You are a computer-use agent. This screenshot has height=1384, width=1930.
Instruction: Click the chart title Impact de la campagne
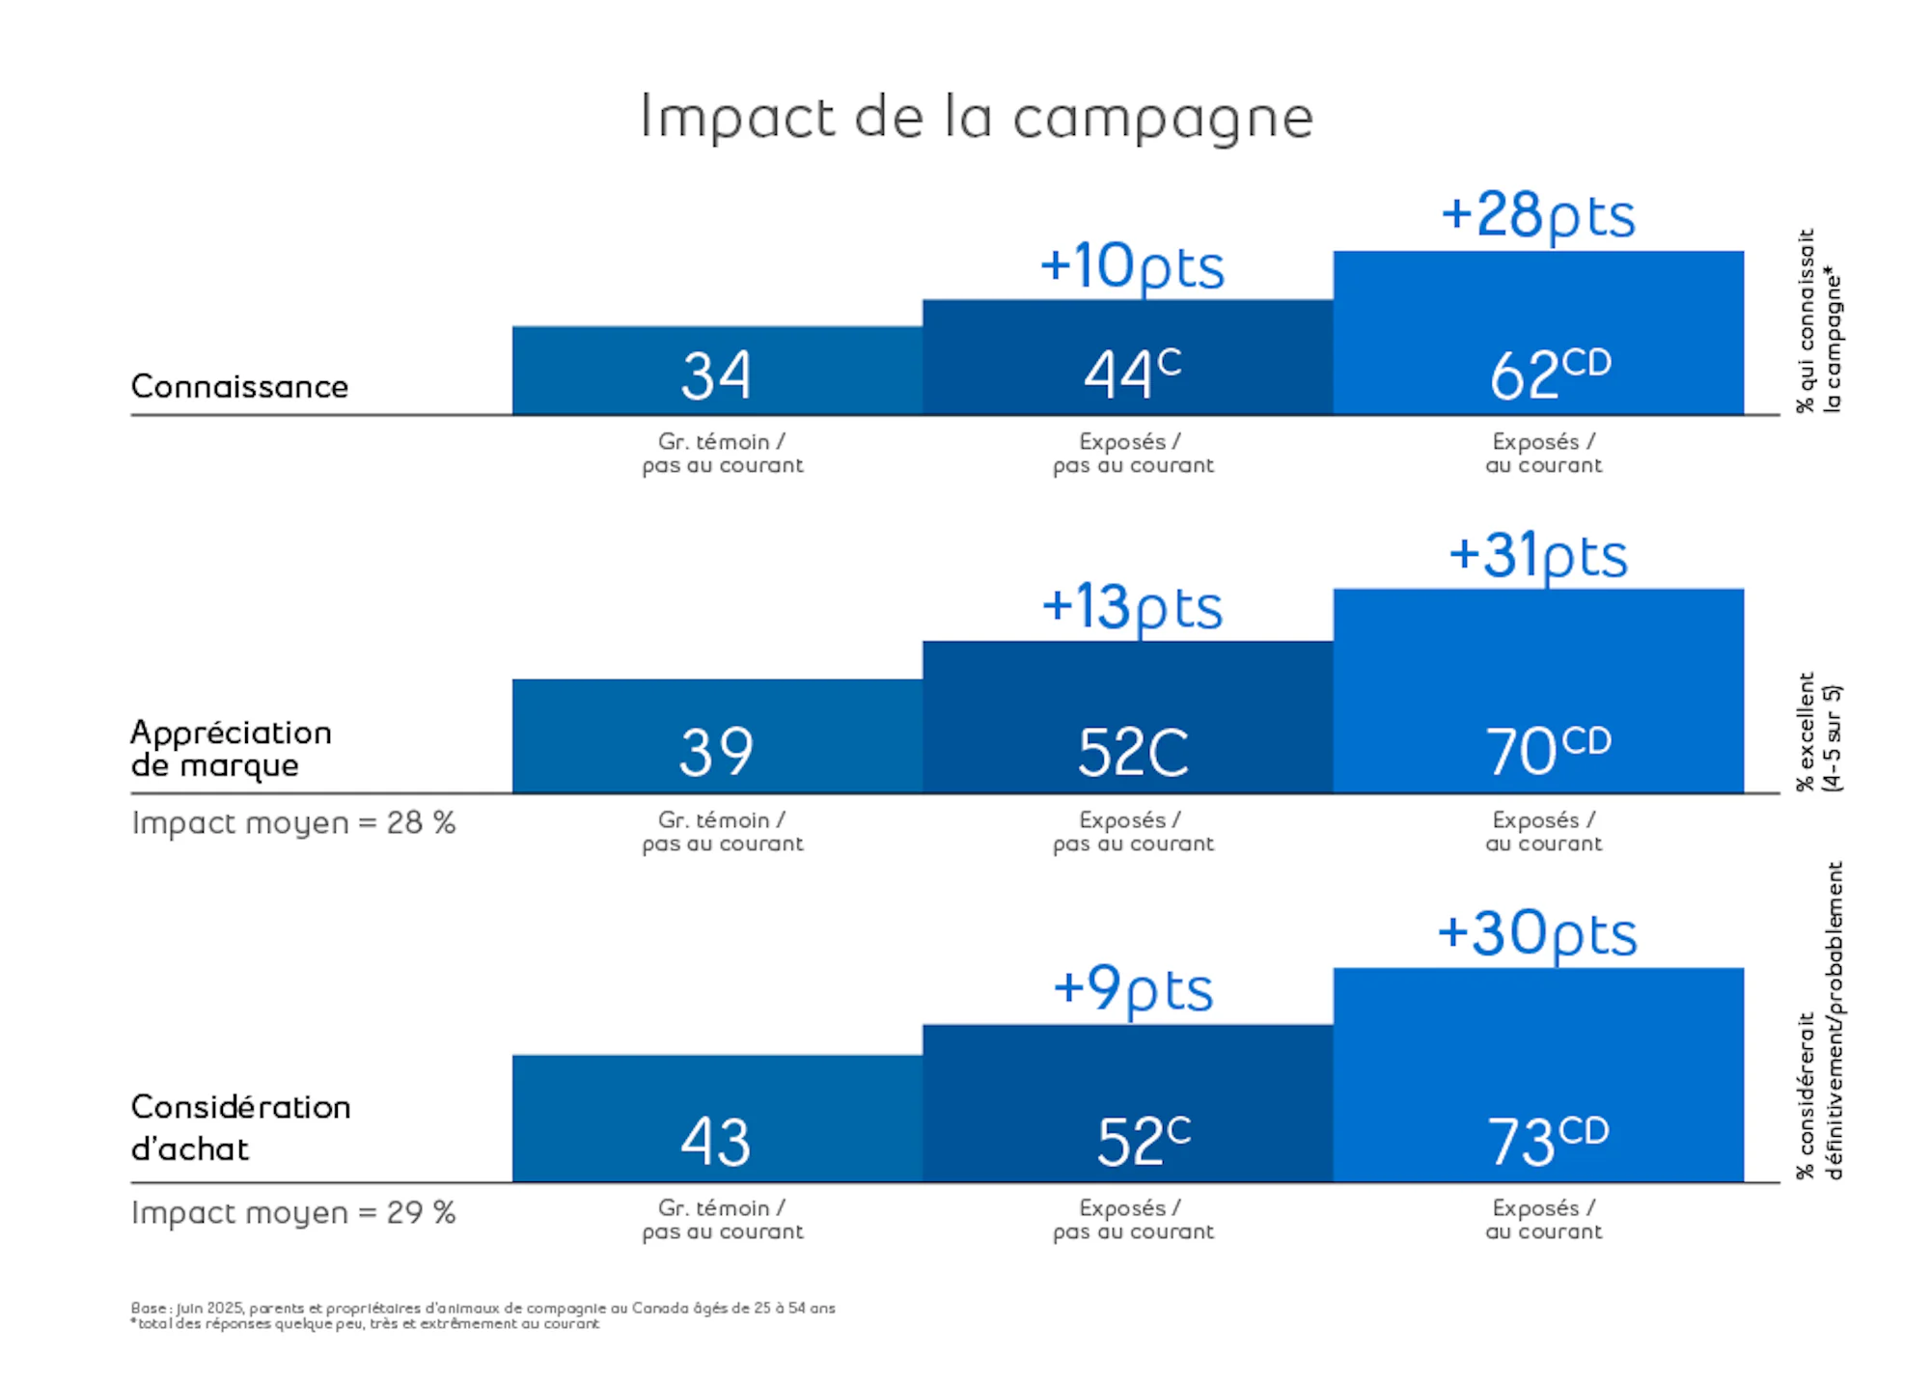pos(977,118)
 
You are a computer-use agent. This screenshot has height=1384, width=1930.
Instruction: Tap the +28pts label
pos(1538,215)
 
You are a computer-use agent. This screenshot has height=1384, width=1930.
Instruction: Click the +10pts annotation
pos(1131,266)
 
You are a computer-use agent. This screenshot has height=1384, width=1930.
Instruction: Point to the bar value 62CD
pos(1550,374)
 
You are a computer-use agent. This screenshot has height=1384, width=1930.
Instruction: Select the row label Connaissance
pos(239,386)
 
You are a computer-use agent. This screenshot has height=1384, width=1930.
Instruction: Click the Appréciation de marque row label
pos(231,748)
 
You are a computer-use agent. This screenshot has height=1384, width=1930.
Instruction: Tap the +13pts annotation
pos(1131,608)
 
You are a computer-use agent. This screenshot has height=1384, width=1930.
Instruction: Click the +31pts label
pos(1538,557)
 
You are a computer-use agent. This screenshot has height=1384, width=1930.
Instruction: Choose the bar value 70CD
pos(1548,751)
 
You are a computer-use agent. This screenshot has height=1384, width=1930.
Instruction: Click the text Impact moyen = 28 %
pos(293,823)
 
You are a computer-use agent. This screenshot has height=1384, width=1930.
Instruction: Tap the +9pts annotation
pos(1132,989)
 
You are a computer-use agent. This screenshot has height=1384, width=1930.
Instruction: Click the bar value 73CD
pos(1548,1141)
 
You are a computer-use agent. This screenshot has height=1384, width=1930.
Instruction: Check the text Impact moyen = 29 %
pos(293,1212)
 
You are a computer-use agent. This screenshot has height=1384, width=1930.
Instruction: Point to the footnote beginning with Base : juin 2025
pos(482,1308)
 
